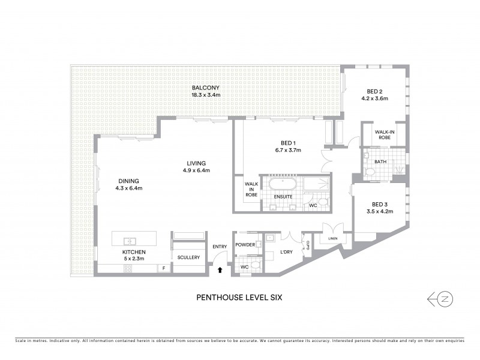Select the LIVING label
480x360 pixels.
point(196,163)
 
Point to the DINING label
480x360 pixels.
point(128,181)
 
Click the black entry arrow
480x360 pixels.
point(220,270)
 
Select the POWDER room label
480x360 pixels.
point(245,245)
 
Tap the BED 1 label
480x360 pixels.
point(287,143)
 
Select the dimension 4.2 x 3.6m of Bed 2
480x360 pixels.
point(378,98)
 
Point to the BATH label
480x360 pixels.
point(380,161)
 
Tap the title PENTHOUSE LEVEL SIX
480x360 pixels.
point(239,296)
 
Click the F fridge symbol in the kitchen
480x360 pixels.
point(161,268)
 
